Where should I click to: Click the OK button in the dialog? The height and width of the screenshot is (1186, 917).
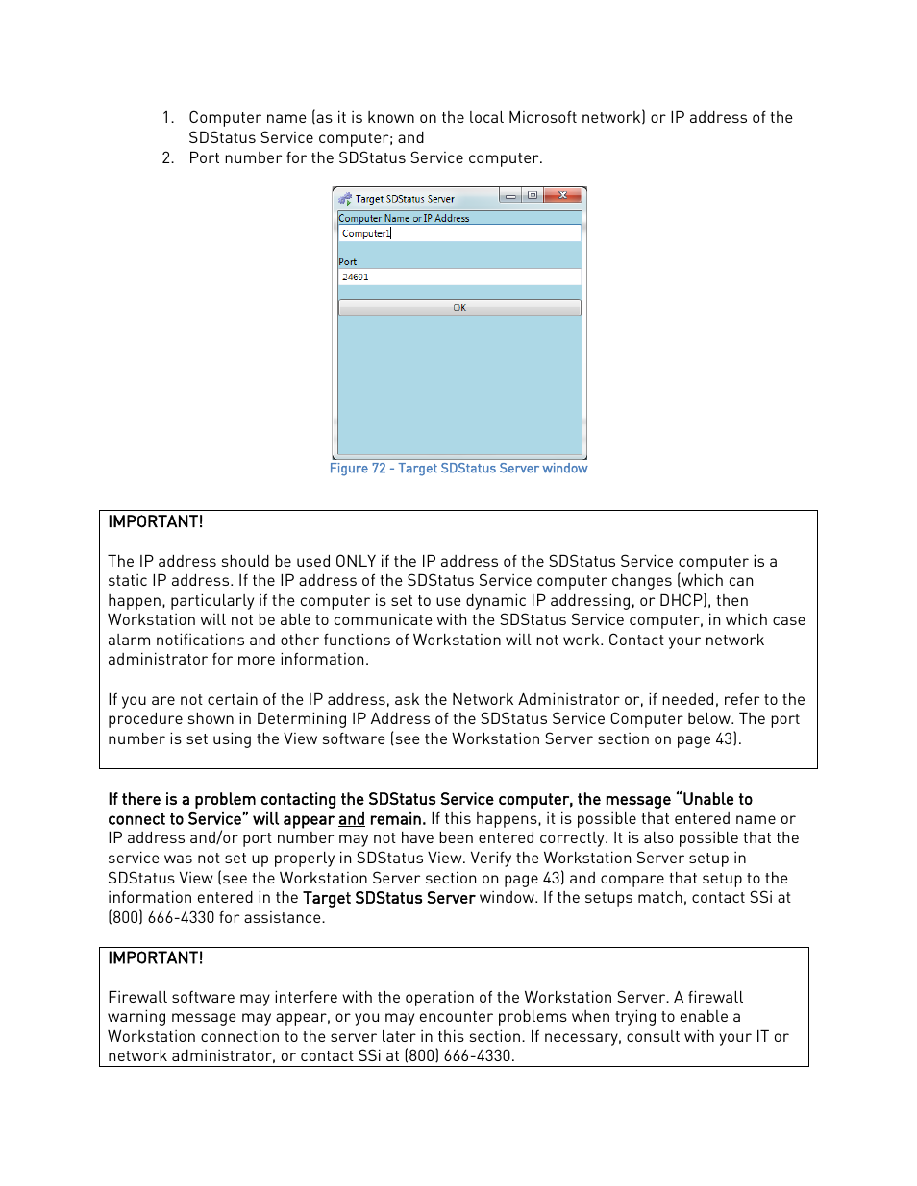coord(459,308)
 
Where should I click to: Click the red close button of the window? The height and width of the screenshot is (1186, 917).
coord(563,196)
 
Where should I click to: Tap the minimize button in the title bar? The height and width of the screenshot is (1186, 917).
coord(510,196)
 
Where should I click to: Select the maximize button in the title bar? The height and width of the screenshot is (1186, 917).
coord(532,196)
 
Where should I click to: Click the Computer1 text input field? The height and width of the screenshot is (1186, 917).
coord(459,233)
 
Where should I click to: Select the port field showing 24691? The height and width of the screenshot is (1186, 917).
coord(459,278)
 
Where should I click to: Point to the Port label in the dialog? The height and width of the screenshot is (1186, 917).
coord(348,262)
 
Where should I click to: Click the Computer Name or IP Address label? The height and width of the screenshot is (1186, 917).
coord(404,219)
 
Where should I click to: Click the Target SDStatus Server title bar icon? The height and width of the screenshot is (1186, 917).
coord(345,199)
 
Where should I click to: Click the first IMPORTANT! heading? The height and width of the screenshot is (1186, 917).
coord(156,522)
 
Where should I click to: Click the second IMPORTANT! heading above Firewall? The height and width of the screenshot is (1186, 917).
coord(156,958)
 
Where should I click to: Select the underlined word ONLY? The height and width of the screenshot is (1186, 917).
coord(355,562)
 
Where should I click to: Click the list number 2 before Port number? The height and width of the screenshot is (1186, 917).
coord(167,158)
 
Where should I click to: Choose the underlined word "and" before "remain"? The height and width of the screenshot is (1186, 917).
coord(352,819)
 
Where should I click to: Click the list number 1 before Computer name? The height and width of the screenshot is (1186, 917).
coord(167,118)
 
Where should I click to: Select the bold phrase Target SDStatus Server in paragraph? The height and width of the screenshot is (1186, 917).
coord(388,898)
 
